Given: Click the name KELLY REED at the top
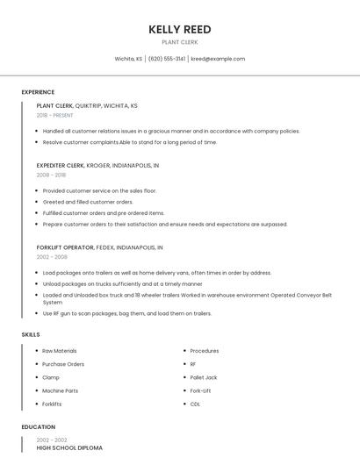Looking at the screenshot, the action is (179, 29).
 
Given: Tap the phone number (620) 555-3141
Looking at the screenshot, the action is (167, 59).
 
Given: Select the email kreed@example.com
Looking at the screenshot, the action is (218, 59).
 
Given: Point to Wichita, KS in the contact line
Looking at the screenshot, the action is (129, 59).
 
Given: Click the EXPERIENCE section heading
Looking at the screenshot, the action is (38, 92).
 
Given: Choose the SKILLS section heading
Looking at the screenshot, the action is (31, 334).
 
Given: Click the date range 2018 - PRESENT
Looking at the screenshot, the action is (55, 115).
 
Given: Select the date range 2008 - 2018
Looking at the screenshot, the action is (51, 175).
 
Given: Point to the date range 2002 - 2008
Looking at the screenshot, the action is (52, 257).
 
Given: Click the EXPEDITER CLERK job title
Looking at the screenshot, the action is (61, 165).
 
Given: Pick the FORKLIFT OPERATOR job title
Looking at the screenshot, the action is (65, 247).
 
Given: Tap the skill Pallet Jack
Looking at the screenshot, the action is (204, 377).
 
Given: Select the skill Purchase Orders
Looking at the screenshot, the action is (63, 364).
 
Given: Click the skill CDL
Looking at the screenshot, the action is (195, 404).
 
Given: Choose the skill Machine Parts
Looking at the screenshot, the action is (61, 390).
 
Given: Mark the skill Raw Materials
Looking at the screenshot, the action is (60, 351).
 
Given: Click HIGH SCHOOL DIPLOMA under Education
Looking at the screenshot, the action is (69, 447).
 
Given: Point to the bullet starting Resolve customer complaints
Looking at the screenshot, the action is (130, 142).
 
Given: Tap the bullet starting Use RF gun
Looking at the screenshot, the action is (127, 313).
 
